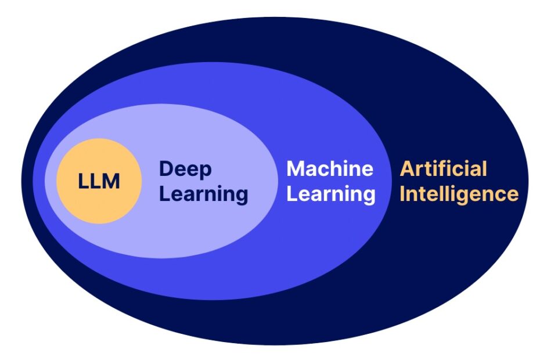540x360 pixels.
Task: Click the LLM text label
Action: click(x=99, y=182)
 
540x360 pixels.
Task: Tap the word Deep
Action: click(x=186, y=170)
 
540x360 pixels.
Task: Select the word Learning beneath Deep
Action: click(x=203, y=194)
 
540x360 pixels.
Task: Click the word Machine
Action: click(x=330, y=169)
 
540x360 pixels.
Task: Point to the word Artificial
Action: click(x=444, y=169)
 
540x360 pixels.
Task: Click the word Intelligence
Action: click(x=459, y=193)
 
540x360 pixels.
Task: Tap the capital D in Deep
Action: click(x=167, y=170)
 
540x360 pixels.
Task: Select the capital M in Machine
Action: click(x=296, y=169)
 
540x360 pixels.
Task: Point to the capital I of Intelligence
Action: click(x=402, y=193)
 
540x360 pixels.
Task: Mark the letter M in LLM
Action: click(x=111, y=182)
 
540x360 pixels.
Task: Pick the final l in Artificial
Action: click(x=484, y=169)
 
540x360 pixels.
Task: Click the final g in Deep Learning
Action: click(x=241, y=196)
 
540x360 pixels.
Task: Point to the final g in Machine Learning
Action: click(x=369, y=196)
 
